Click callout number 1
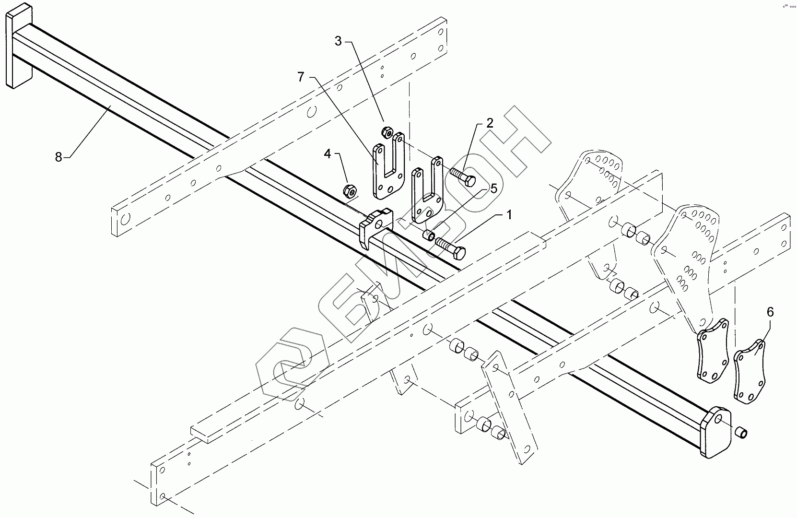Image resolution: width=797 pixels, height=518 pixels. point(509,215)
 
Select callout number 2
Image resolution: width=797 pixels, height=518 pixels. point(489,123)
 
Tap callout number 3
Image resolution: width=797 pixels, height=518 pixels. point(338,41)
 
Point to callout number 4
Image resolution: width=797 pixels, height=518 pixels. point(328,154)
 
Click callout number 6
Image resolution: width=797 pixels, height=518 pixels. point(770,312)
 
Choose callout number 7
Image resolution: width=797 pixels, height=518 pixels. point(301,77)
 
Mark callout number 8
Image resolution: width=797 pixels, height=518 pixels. point(59,156)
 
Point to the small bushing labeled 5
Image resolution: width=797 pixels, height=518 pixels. point(429,235)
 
